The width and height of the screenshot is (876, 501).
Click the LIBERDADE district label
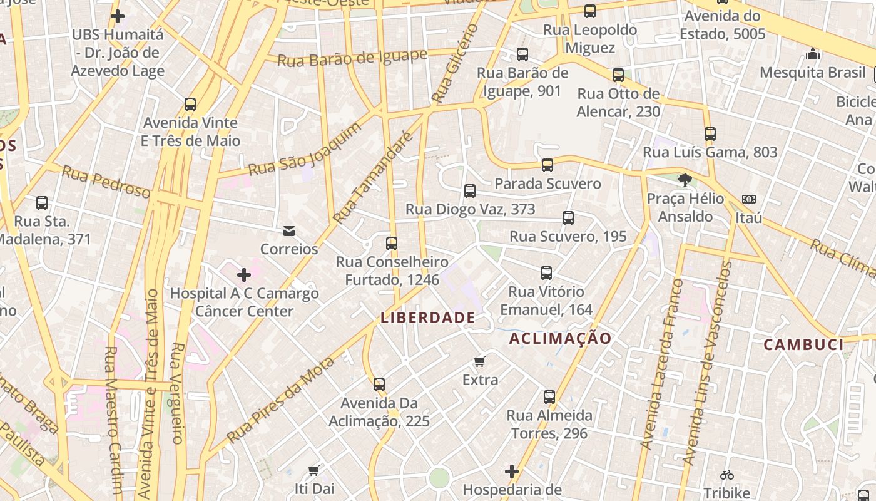(x=428, y=318)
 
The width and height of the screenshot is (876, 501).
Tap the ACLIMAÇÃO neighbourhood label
(x=561, y=339)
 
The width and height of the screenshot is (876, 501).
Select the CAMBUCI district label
(x=804, y=344)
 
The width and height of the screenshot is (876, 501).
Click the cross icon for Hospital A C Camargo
(x=244, y=274)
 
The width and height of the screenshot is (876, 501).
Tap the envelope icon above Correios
(x=289, y=231)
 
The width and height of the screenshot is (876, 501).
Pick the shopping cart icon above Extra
(x=480, y=361)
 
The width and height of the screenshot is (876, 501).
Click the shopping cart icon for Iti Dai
(x=314, y=470)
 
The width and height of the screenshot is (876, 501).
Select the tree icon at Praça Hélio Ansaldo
(x=685, y=180)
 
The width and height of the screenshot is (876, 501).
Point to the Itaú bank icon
(x=749, y=199)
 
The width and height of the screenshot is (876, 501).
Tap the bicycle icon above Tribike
(x=726, y=475)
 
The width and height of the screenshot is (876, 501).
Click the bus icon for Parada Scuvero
(x=547, y=165)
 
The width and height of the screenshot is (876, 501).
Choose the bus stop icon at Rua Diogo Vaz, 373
(x=470, y=191)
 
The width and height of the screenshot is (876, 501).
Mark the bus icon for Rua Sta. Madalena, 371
(x=42, y=203)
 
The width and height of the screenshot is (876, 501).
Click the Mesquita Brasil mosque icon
(x=813, y=54)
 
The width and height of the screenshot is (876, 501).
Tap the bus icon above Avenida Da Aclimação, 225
(x=379, y=385)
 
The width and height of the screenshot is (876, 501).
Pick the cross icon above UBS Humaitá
(x=117, y=16)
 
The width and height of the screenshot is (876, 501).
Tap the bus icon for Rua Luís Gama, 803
(x=710, y=134)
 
